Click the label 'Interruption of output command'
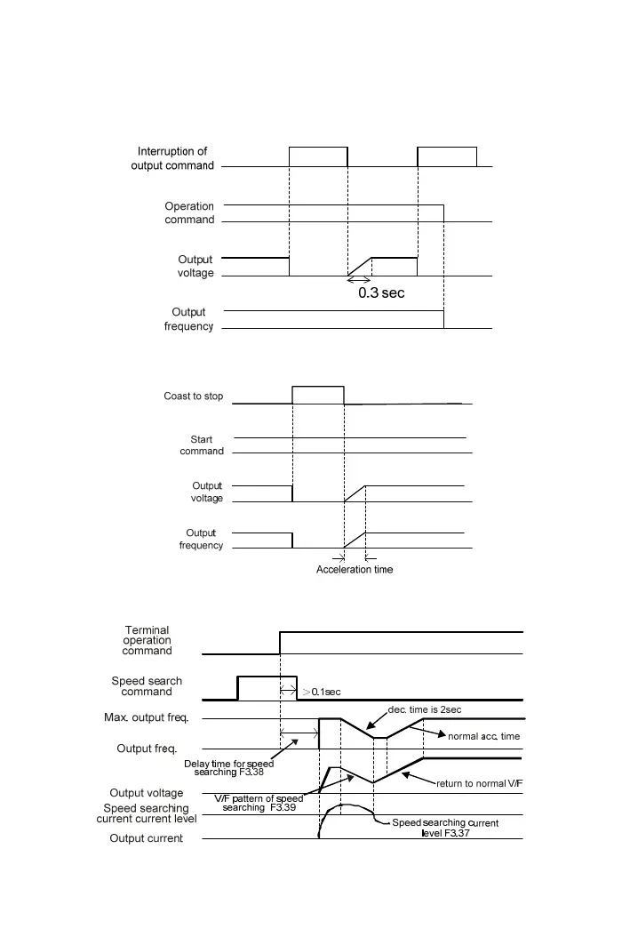tap(172, 158)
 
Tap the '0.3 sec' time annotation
tap(381, 292)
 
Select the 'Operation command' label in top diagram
tap(189, 212)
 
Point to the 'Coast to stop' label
tap(194, 396)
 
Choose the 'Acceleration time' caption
tap(355, 569)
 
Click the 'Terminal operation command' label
tap(148, 641)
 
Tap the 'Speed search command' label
tap(147, 686)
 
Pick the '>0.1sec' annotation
tap(322, 692)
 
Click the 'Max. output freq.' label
tap(150, 718)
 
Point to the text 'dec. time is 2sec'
tap(425, 709)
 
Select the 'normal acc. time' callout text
tap(484, 736)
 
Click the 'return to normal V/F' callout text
tap(478, 784)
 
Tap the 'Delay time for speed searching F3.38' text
tap(229, 768)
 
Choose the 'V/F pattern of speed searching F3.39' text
tap(259, 803)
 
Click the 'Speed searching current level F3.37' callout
tap(446, 828)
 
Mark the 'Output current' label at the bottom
tap(147, 838)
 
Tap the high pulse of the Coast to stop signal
tap(318, 395)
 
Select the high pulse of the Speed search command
tap(267, 686)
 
